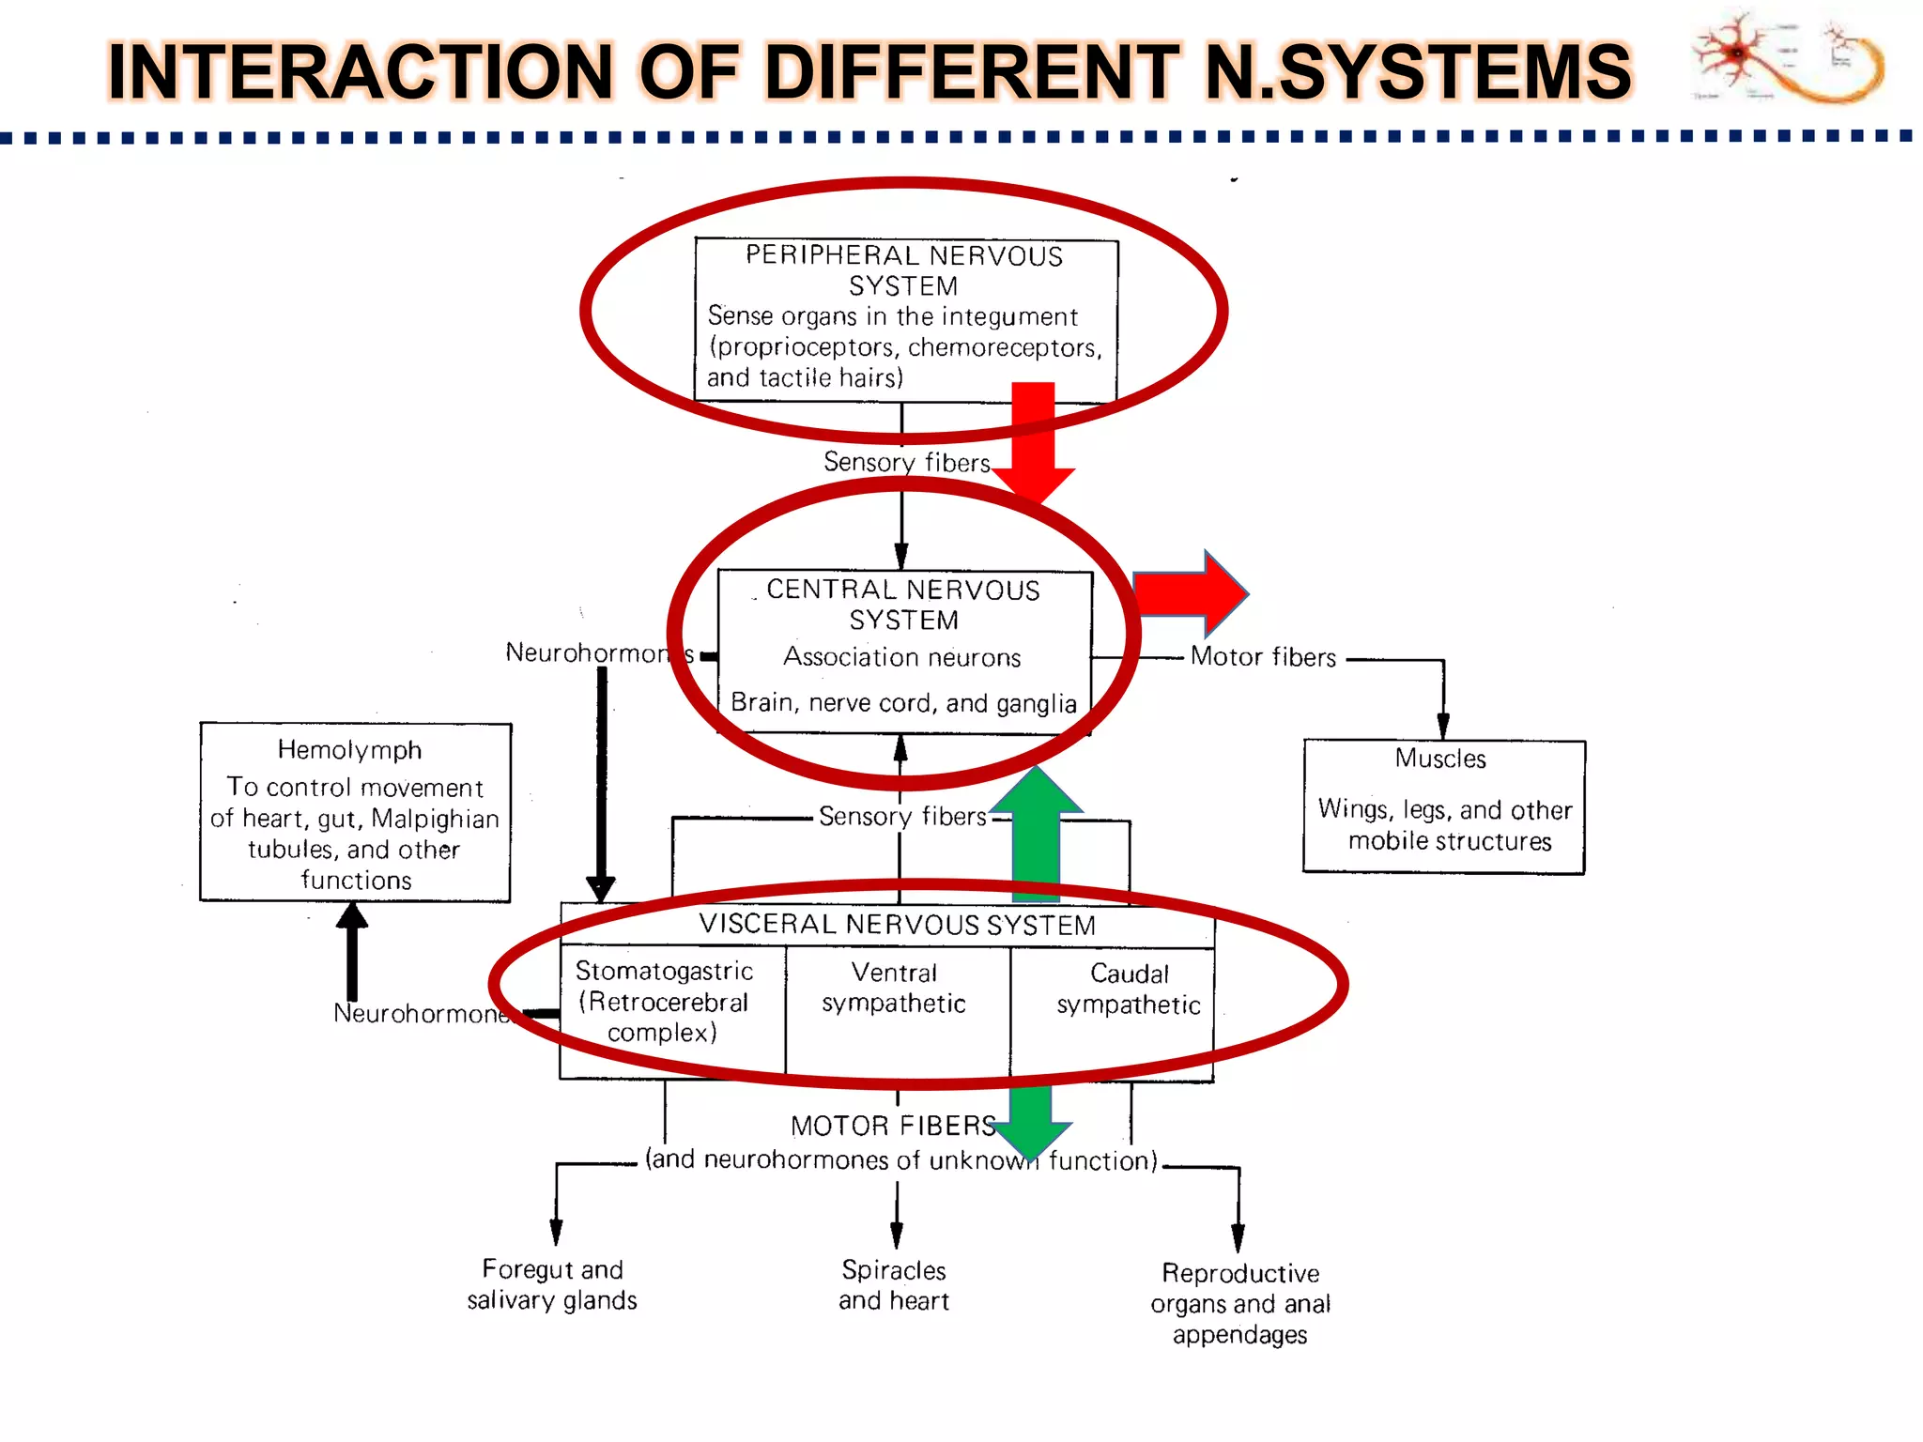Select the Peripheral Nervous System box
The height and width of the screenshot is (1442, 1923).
click(905, 319)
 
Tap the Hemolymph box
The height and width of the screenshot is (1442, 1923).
click(355, 812)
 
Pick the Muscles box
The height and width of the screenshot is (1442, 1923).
click(1443, 806)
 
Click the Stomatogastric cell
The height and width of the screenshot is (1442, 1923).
click(665, 1002)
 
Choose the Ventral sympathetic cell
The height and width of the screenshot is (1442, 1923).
click(894, 989)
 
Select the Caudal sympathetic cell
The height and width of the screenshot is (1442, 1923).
click(1128, 990)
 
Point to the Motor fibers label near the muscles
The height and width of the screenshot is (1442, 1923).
click(1263, 657)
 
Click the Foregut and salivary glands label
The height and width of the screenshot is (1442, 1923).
click(552, 1284)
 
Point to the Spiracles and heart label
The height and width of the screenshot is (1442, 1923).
click(894, 1284)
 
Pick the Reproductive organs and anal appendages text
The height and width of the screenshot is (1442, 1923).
click(1239, 1303)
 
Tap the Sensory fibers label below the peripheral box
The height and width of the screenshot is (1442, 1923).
click(906, 462)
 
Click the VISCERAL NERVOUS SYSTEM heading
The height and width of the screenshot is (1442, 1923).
click(897, 925)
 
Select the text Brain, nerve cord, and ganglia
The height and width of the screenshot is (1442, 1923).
click(903, 703)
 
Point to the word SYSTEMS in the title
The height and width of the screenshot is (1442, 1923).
click(1455, 72)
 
